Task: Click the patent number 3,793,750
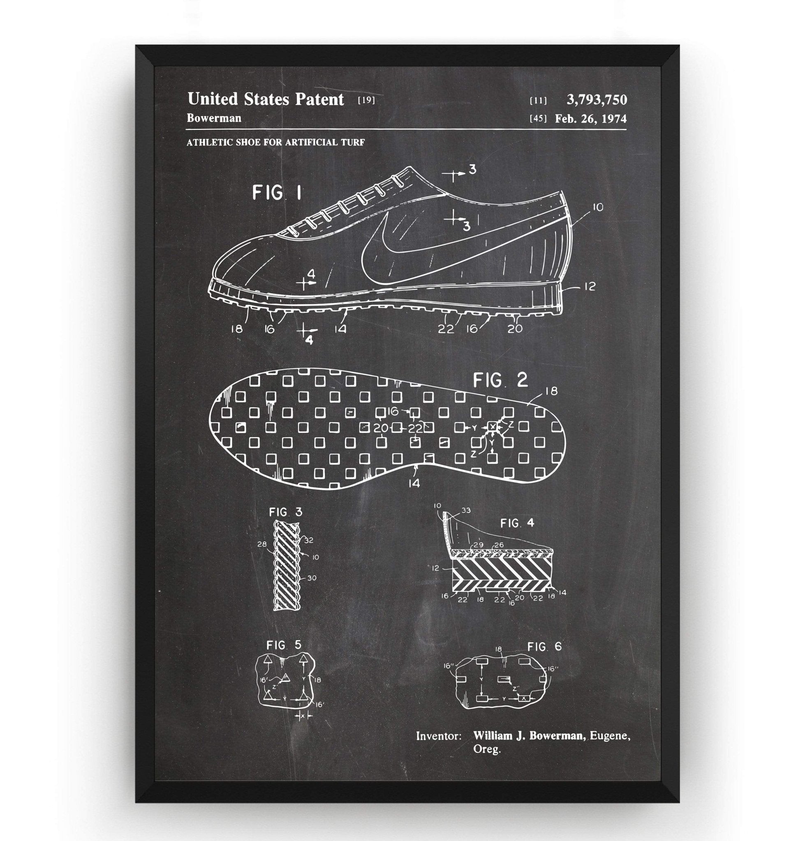click(597, 99)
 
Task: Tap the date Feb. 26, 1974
click(590, 119)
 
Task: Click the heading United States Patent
click(266, 99)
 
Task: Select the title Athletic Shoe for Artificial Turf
click(275, 142)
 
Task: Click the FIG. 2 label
click(501, 380)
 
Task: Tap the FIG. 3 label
click(285, 512)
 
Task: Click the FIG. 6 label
click(544, 647)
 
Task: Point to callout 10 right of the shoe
click(597, 208)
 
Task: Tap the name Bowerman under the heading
click(214, 118)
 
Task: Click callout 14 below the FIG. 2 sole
click(414, 483)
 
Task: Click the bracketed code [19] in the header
click(366, 101)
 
